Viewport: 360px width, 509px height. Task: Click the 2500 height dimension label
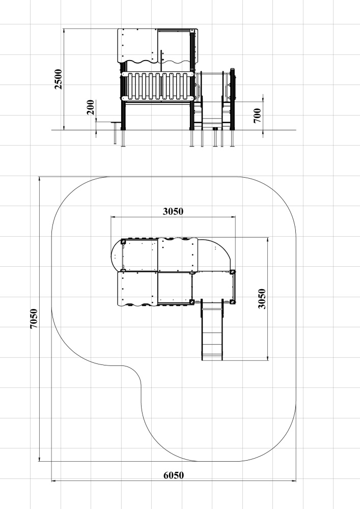tap(59, 79)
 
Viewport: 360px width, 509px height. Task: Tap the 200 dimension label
tap(91, 107)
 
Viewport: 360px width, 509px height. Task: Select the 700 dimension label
tap(257, 116)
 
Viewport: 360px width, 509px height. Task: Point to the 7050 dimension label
tap(34, 319)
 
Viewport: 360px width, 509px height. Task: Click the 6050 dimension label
tap(173, 475)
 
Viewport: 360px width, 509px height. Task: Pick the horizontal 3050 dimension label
tap(173, 211)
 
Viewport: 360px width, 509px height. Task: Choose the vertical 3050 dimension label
tap(262, 299)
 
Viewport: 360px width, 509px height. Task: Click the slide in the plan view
tap(212, 330)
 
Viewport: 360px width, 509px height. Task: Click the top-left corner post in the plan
tap(123, 241)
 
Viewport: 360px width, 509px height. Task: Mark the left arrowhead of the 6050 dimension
tap(53, 480)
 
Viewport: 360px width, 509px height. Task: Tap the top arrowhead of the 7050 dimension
tap(39, 179)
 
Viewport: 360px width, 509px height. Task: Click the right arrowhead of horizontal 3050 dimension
tap(233, 217)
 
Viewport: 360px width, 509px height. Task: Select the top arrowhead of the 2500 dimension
tap(64, 31)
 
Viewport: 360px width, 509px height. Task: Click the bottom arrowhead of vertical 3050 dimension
tap(268, 358)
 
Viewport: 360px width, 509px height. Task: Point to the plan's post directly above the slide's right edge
tap(233, 302)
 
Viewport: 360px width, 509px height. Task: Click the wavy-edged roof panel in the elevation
tap(137, 45)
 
